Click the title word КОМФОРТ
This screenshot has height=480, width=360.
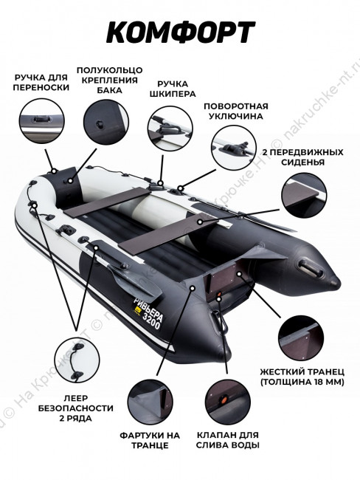[x=181, y=32]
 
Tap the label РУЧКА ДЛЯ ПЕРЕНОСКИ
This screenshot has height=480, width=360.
[x=41, y=83]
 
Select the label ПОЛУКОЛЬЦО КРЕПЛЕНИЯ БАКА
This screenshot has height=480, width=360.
[x=109, y=80]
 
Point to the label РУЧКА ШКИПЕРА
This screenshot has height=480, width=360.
[x=173, y=89]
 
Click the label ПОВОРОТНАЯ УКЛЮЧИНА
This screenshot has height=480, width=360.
[x=236, y=111]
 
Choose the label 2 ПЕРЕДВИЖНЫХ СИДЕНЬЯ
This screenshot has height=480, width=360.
[x=302, y=157]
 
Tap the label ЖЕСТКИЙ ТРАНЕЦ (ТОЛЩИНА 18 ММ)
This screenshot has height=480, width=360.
[x=302, y=377]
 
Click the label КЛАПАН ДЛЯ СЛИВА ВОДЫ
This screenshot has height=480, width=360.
[x=227, y=440]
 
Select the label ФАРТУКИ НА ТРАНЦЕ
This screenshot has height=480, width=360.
[x=150, y=440]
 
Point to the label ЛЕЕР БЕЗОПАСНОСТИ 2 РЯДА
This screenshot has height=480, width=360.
[x=76, y=408]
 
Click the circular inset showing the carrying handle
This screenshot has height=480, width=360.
[x=42, y=121]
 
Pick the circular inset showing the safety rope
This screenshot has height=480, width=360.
[x=77, y=360]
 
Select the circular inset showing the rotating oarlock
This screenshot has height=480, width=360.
[x=234, y=148]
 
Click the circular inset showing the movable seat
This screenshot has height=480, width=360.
[x=304, y=195]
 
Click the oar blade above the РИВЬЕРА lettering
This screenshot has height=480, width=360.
[x=136, y=283]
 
